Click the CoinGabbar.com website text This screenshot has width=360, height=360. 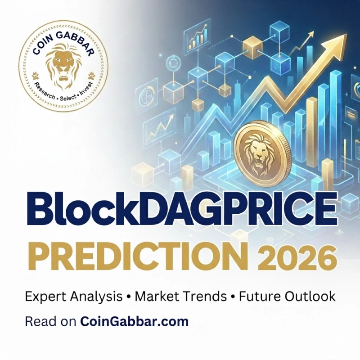[134, 322]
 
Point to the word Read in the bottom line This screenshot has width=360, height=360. [36, 322]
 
